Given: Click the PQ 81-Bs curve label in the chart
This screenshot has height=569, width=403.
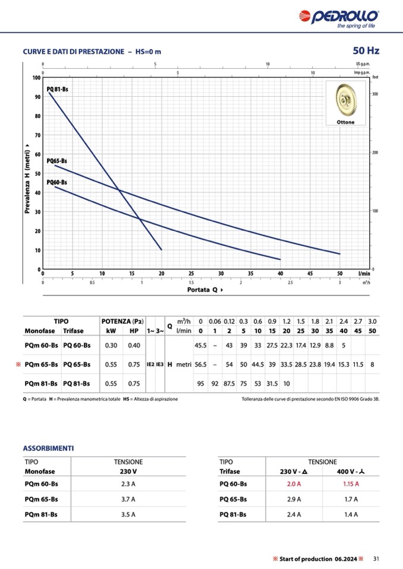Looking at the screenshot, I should pyautogui.click(x=58, y=88).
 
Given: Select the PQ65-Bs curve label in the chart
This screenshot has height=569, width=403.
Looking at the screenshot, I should pyautogui.click(x=57, y=161).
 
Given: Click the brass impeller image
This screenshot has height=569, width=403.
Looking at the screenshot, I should pyautogui.click(x=345, y=101).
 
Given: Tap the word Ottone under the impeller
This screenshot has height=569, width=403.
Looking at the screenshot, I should pyautogui.click(x=345, y=122).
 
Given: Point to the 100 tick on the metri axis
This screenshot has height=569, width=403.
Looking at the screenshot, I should pyautogui.click(x=36, y=78).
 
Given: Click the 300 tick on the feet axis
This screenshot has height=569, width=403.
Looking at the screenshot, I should pyautogui.click(x=376, y=94).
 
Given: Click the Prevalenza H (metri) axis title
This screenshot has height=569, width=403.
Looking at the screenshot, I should pyautogui.click(x=26, y=178).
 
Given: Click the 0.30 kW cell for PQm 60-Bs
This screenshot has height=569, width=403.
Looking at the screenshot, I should pyautogui.click(x=111, y=345).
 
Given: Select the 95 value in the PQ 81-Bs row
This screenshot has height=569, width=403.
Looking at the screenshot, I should pyautogui.click(x=200, y=383).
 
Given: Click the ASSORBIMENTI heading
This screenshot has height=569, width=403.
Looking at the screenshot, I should pyautogui.click(x=48, y=448).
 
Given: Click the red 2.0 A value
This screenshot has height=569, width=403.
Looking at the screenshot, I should pyautogui.click(x=293, y=484).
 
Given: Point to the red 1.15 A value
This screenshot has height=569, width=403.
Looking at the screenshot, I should pyautogui.click(x=351, y=484).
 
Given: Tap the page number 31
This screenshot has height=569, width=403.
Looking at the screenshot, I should pyautogui.click(x=376, y=558).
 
